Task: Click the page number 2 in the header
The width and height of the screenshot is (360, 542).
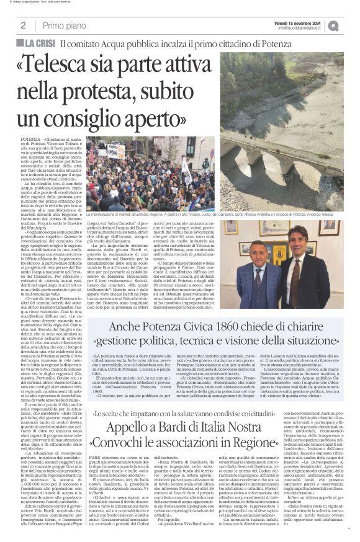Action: coord(23,25)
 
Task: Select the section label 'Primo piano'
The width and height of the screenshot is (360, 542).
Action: coord(63,25)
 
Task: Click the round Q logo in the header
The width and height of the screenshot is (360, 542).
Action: coord(351,25)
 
